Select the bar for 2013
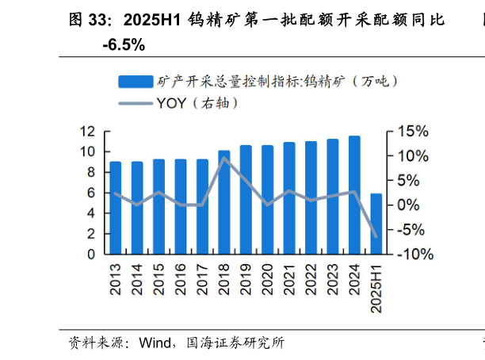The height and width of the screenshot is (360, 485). pyautogui.click(x=116, y=208)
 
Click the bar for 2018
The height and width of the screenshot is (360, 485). pyautogui.click(x=224, y=202)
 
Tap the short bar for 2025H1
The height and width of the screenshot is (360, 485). pyautogui.click(x=376, y=224)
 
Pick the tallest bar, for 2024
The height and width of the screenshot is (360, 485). pyautogui.click(x=354, y=195)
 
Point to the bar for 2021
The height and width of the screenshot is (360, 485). pyautogui.click(x=289, y=198)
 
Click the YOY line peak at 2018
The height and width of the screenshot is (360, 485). pyautogui.click(x=224, y=157)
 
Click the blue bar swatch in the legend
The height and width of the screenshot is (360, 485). pyautogui.click(x=136, y=81)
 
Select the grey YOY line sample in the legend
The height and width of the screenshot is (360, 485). pyautogui.click(x=136, y=103)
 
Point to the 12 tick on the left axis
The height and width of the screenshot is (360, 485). pyautogui.click(x=88, y=132)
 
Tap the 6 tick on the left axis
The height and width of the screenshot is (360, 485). pyautogui.click(x=92, y=193)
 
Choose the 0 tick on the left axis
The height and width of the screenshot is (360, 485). pyautogui.click(x=92, y=255)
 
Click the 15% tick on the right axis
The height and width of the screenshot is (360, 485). pyautogui.click(x=412, y=132)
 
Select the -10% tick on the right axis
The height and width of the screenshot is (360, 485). pyautogui.click(x=414, y=255)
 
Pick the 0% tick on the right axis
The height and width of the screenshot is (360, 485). pyautogui.click(x=409, y=205)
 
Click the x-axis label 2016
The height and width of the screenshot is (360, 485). pyautogui.click(x=181, y=278)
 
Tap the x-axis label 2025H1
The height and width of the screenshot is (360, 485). pyautogui.click(x=377, y=286)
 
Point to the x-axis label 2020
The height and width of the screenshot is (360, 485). pyautogui.click(x=269, y=278)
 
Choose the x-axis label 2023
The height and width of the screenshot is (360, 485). pyautogui.click(x=334, y=278)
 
